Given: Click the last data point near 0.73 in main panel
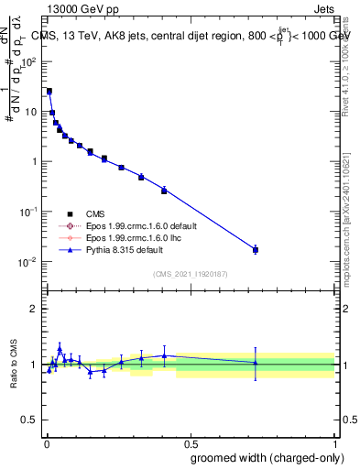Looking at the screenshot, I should (256, 249).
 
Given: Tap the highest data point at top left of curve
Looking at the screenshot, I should (49, 92).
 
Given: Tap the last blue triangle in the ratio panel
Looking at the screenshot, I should (256, 363).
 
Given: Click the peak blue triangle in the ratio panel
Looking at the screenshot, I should (60, 348).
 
